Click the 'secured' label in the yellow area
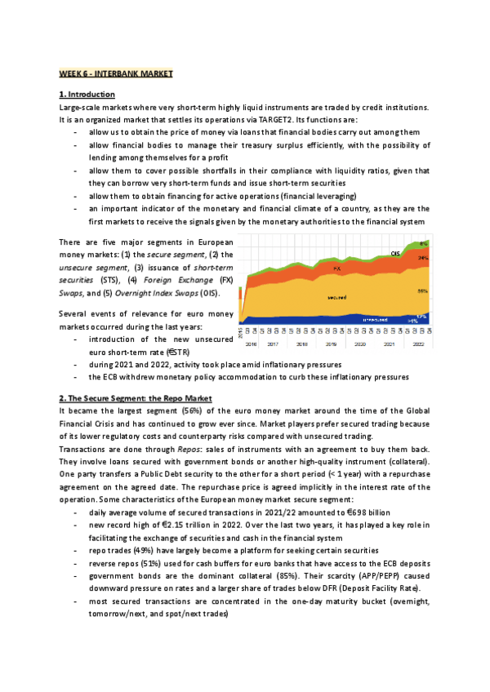[x=336, y=297]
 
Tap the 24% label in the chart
[x=423, y=258]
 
